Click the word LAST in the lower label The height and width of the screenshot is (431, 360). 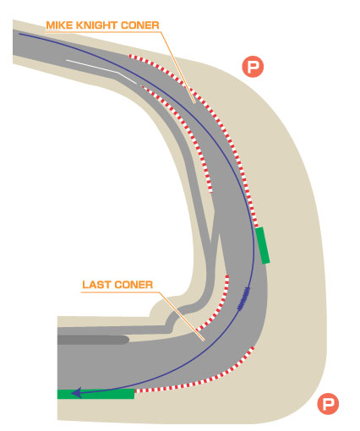coord(95,285)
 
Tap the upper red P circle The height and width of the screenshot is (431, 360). coord(253,67)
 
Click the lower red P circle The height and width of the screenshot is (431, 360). coord(328,404)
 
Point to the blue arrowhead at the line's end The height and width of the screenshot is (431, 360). coord(76,393)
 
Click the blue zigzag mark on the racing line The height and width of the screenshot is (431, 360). coord(243,298)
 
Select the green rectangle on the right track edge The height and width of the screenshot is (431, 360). coord(263,245)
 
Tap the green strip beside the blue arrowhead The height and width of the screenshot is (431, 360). coord(95,394)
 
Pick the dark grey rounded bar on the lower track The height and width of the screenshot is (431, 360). coord(93,340)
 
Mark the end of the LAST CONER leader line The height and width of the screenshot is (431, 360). coord(204,341)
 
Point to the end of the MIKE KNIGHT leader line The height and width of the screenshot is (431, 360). coord(194,103)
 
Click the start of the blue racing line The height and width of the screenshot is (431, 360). coord(19,34)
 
